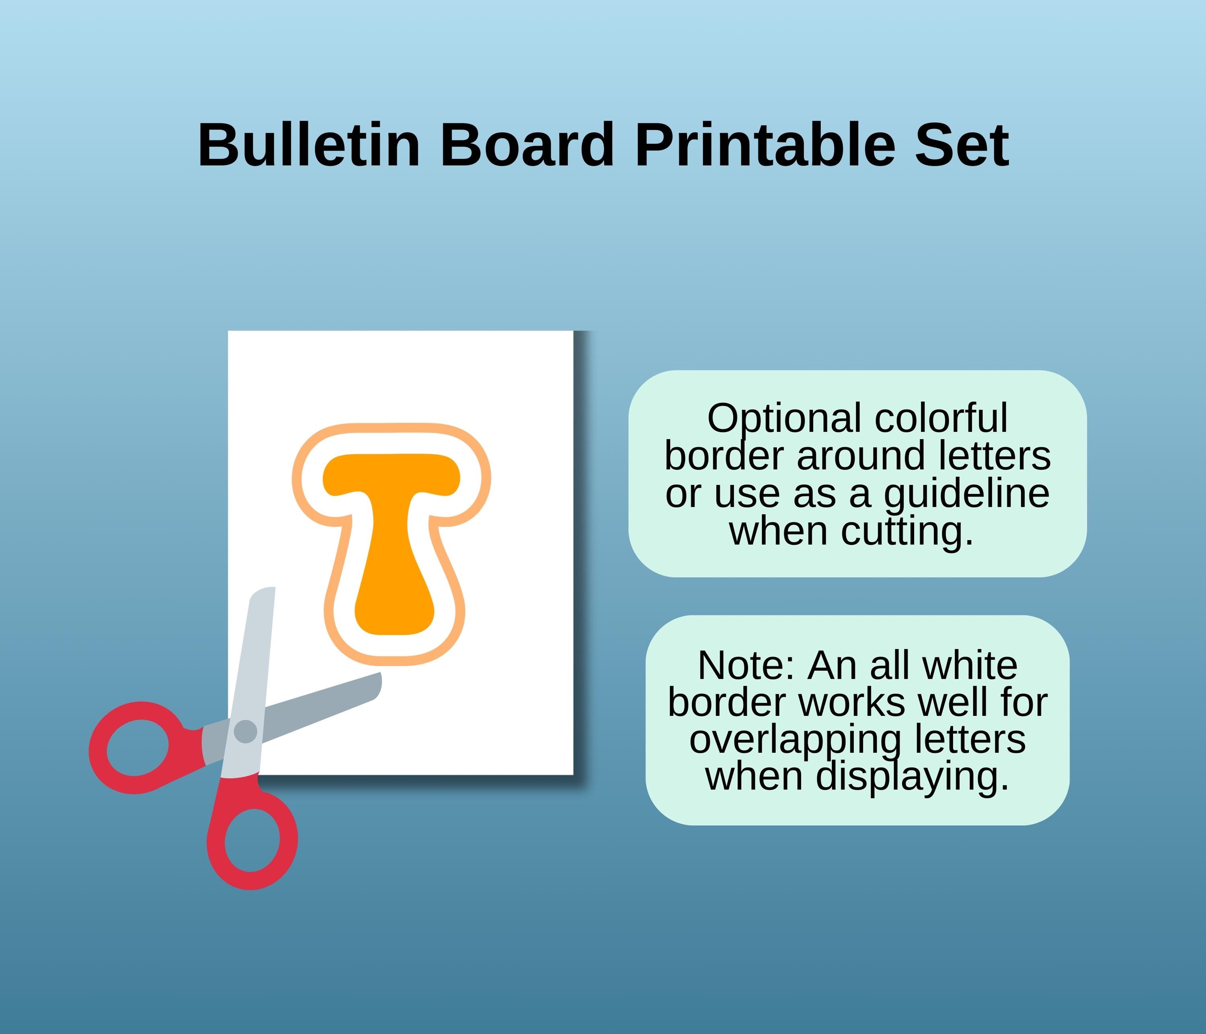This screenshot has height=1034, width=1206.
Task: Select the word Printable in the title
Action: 765,146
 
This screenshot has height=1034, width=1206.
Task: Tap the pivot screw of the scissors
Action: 245,731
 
